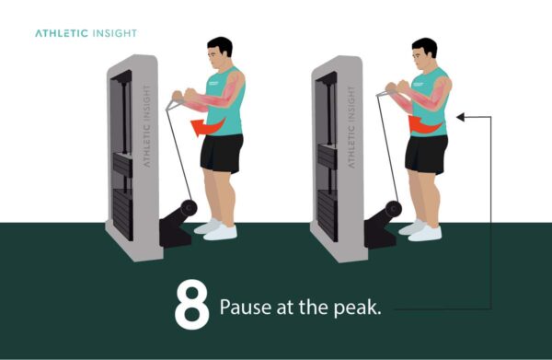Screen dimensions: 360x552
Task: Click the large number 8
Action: point(191,306)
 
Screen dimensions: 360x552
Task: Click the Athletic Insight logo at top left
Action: point(86,33)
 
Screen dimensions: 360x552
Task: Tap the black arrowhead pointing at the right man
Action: point(461,118)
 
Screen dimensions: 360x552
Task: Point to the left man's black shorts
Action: point(222,152)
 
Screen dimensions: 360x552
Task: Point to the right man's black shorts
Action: point(427,152)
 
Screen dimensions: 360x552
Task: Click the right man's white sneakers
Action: point(422,229)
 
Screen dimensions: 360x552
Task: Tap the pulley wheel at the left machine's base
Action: point(189,207)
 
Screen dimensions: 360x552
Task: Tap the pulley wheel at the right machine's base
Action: point(393,208)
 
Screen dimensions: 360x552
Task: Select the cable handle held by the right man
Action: point(379,93)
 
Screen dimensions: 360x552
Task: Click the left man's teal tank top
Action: point(225,106)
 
